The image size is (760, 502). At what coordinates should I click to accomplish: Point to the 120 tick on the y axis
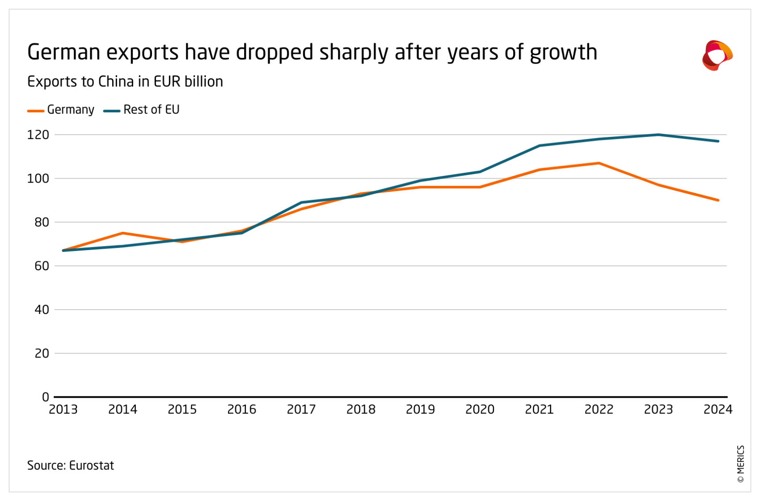(38, 135)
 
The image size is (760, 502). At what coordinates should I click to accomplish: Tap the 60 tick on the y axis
(42, 266)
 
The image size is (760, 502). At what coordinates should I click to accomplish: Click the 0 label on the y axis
(45, 397)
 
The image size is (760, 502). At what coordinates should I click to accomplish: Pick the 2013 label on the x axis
(63, 409)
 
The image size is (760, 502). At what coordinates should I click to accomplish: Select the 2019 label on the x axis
(420, 409)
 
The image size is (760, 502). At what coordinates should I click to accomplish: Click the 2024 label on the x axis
(718, 409)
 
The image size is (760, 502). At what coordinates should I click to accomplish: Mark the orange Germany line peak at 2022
(599, 163)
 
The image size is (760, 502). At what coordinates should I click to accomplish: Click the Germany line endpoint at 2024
(718, 200)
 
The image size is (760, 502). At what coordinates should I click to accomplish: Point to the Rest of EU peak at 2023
(659, 135)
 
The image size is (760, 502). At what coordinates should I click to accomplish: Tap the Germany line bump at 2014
(123, 233)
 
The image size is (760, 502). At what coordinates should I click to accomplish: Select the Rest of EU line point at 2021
(540, 145)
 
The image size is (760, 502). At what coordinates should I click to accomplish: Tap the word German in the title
(63, 52)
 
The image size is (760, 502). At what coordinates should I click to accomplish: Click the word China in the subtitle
(116, 81)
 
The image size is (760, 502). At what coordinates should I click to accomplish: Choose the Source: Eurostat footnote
(71, 465)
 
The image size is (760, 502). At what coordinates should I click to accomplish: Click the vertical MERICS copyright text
(741, 464)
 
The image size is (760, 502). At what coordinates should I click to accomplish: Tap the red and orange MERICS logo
(717, 55)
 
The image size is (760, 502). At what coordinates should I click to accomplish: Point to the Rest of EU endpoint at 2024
(718, 141)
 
